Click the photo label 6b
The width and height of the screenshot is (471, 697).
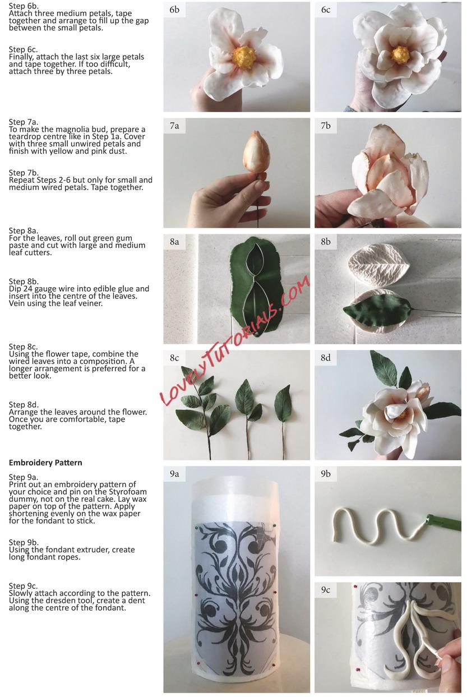[x=174, y=10]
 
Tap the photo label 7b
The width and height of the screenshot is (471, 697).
[x=325, y=126]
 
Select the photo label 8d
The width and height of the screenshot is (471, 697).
[x=325, y=358]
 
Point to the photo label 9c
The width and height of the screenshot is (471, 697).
[x=325, y=590]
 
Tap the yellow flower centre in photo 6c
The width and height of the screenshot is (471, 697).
[x=400, y=55]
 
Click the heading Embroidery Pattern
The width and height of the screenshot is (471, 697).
[x=45, y=463]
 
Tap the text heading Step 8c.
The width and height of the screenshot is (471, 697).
[x=24, y=347]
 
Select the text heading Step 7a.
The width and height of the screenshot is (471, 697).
[x=24, y=122]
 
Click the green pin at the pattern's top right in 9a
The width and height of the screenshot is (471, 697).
[x=274, y=525]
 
